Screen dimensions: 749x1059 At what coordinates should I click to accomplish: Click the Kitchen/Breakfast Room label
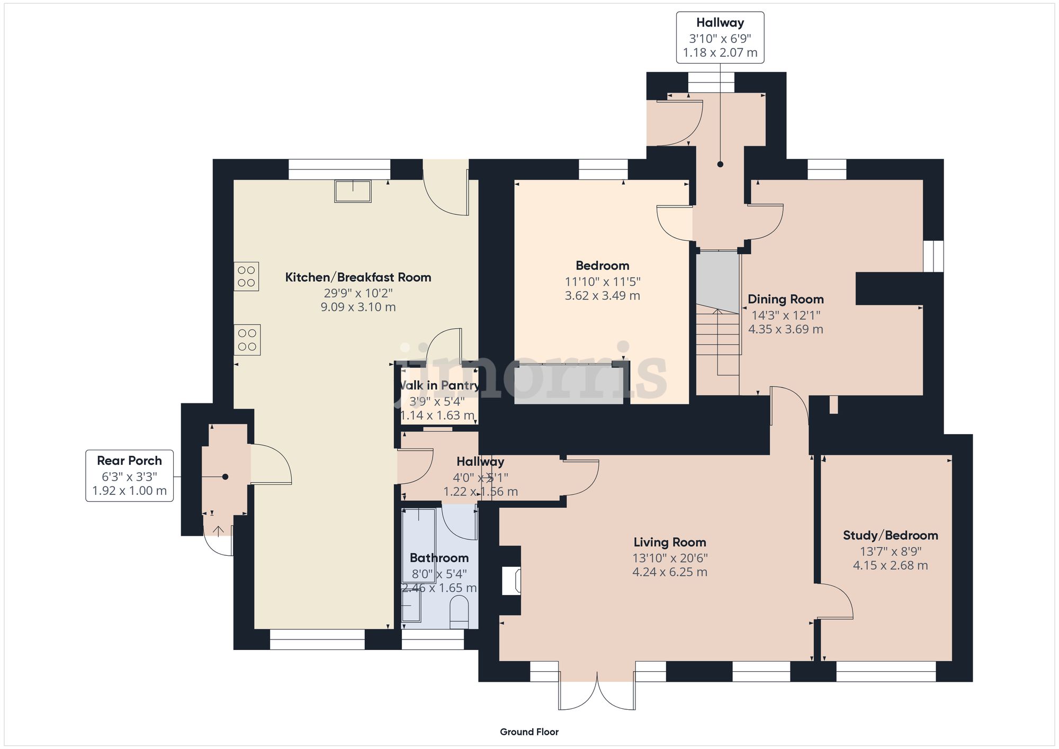coord(358,277)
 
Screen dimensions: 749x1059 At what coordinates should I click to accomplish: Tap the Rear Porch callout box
coord(129,475)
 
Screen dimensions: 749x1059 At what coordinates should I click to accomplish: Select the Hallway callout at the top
coord(720,38)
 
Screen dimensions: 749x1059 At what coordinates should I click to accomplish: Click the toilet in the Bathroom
coord(459,612)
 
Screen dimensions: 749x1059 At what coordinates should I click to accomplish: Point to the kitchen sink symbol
coord(353,191)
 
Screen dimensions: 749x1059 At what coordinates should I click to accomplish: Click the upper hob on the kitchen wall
coord(246,276)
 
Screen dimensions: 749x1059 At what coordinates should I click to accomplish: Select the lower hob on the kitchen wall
coord(247,340)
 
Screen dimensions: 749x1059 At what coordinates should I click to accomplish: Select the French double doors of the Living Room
coord(597,691)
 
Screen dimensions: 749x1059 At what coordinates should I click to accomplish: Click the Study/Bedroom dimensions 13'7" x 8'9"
coord(890,551)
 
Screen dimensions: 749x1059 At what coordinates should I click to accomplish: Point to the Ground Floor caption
coord(529,732)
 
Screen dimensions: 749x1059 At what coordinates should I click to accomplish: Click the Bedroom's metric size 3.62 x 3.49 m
coord(602,296)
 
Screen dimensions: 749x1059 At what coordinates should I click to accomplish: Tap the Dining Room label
coord(785,299)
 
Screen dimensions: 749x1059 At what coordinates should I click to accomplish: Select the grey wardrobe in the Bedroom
coord(569,384)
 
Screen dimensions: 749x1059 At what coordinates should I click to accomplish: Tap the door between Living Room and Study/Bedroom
coord(835,601)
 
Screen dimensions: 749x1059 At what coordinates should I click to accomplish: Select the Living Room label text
coord(670,542)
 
